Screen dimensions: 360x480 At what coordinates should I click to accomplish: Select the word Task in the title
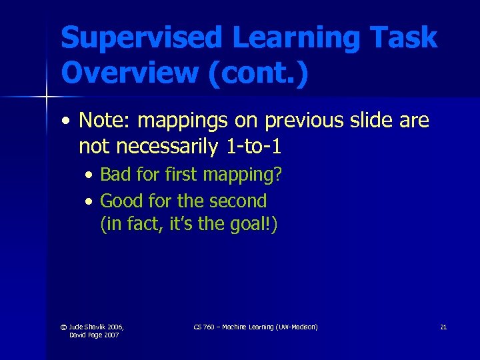coord(408,38)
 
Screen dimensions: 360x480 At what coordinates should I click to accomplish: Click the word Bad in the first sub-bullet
coord(114,175)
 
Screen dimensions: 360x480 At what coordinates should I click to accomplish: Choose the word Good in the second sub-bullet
coord(118,200)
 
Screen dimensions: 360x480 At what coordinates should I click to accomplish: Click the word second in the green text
coord(241,200)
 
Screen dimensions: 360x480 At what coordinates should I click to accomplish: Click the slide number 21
coord(443,327)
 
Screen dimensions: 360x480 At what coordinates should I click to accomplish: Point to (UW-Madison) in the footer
coord(295,327)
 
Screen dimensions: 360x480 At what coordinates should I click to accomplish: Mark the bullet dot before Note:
coord(65,121)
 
